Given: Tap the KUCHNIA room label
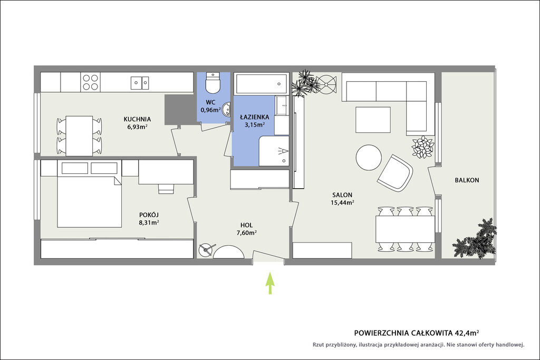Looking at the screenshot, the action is (137, 119).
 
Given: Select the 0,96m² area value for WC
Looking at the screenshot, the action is (210, 110).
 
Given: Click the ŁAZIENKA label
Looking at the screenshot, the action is (255, 116).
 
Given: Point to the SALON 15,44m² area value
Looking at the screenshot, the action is (342, 202).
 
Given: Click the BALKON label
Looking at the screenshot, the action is (467, 180).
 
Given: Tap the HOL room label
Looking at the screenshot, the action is (247, 225).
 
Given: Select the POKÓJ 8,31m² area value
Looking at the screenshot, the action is (149, 222).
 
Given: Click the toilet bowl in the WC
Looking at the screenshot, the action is (212, 83).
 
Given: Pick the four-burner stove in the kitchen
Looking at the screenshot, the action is (90, 82).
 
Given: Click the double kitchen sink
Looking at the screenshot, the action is (140, 83).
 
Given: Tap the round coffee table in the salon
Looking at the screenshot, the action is (369, 157).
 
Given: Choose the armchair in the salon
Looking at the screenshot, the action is (395, 173).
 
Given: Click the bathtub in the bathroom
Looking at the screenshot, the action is (261, 83).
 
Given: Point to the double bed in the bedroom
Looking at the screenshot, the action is (89, 202).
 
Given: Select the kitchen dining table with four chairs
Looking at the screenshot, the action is (79, 136).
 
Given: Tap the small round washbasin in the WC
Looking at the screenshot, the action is (227, 110).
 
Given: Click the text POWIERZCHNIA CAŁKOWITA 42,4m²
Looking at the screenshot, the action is (417, 333).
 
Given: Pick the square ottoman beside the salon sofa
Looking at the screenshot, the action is (373, 120).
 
